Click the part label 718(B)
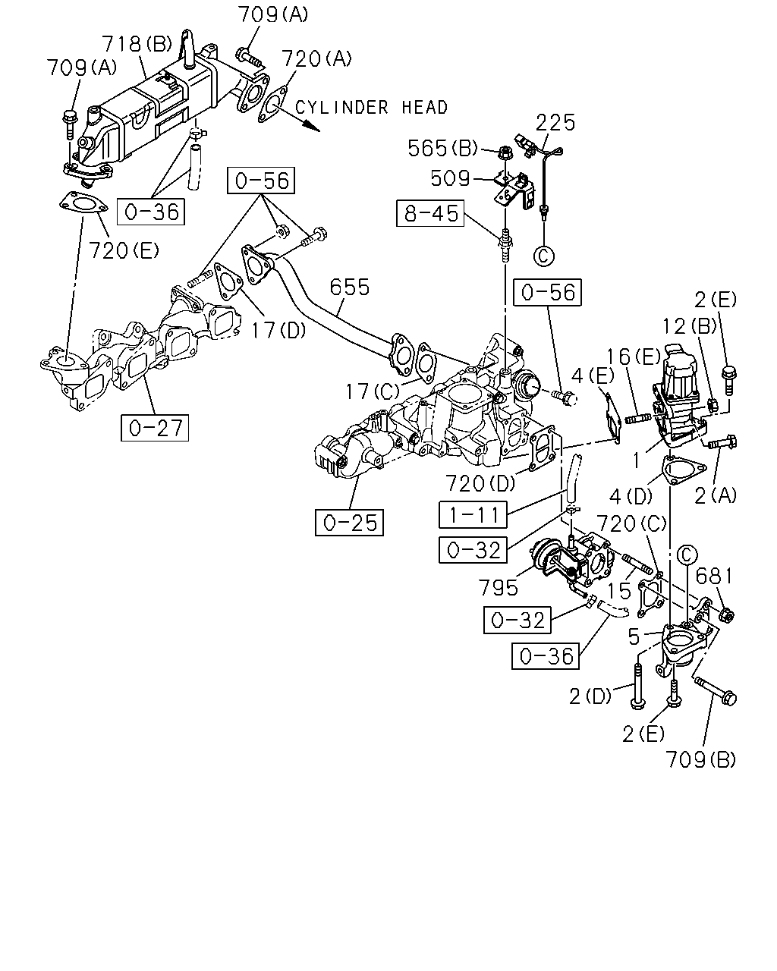pyautogui.click(x=137, y=44)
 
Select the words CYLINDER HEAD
pyautogui.click(x=371, y=108)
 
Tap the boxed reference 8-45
pyautogui.click(x=430, y=213)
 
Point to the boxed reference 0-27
pyautogui.click(x=155, y=427)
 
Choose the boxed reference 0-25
pyautogui.click(x=350, y=523)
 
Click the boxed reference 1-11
pyautogui.click(x=473, y=514)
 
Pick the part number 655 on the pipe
pyautogui.click(x=350, y=287)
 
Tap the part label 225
pyautogui.click(x=555, y=122)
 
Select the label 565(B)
pyautogui.click(x=442, y=148)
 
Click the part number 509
pyautogui.click(x=450, y=178)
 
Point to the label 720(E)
pyautogui.click(x=124, y=250)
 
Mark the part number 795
pyautogui.click(x=498, y=587)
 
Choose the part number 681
pyautogui.click(x=713, y=576)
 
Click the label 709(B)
pyautogui.click(x=700, y=759)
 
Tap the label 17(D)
pyautogui.click(x=278, y=330)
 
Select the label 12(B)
pyautogui.click(x=690, y=325)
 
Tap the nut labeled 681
pyautogui.click(x=726, y=614)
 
